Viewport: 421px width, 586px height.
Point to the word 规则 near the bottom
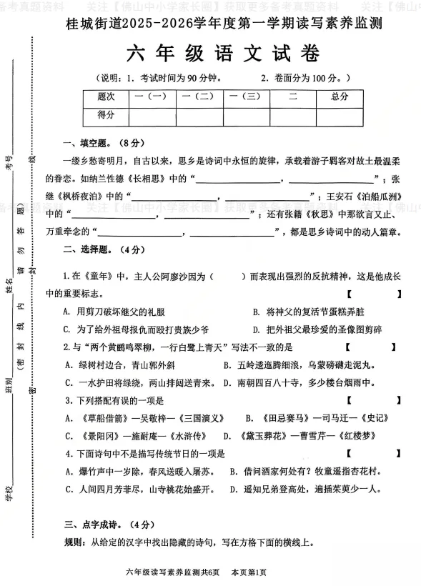(x=74, y=543)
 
